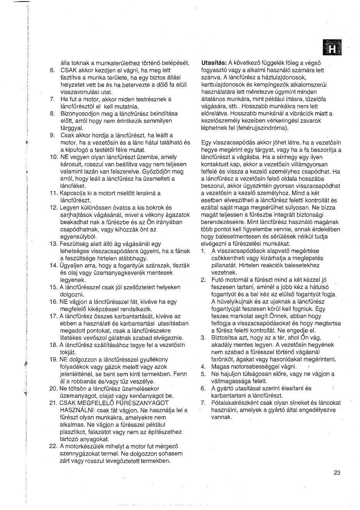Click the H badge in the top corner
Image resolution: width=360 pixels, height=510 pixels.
tap(332, 48)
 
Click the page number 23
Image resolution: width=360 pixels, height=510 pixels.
tap(337, 473)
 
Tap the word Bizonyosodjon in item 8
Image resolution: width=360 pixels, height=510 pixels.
tap(79, 114)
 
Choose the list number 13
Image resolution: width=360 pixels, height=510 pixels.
tap(53, 244)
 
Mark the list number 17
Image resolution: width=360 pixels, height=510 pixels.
tap(53, 316)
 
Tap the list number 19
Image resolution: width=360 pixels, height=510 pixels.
tap(53, 359)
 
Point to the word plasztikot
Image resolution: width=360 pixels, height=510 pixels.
tap(74, 432)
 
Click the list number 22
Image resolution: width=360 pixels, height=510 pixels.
tap(53, 446)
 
